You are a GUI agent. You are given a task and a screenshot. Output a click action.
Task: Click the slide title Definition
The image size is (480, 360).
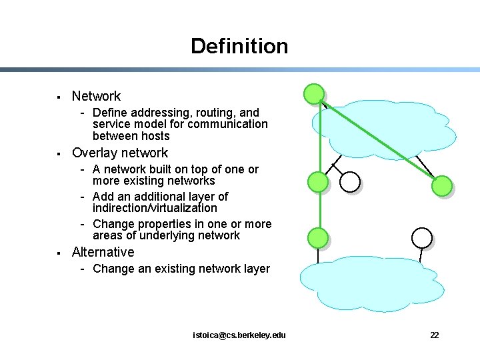(x=239, y=46)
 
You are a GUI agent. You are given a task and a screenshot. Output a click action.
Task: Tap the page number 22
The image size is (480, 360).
(x=434, y=335)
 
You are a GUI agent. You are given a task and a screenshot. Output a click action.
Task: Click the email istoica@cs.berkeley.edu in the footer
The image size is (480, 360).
(x=239, y=335)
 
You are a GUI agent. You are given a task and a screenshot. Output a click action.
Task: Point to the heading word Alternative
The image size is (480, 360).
(x=103, y=252)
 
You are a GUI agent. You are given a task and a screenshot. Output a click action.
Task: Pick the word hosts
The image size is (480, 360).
(x=154, y=136)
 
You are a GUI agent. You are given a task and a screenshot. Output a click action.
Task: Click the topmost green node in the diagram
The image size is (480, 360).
(x=314, y=93)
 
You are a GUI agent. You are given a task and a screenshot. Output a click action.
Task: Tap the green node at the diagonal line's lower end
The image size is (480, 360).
(x=441, y=186)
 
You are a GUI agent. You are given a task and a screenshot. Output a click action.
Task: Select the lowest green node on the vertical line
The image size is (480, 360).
(x=319, y=237)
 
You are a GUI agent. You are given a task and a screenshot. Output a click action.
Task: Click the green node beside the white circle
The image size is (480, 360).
(x=319, y=181)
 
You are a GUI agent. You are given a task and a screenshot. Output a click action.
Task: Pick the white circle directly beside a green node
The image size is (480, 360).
(x=350, y=181)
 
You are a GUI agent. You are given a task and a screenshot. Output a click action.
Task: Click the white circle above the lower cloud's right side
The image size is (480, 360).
(x=422, y=237)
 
